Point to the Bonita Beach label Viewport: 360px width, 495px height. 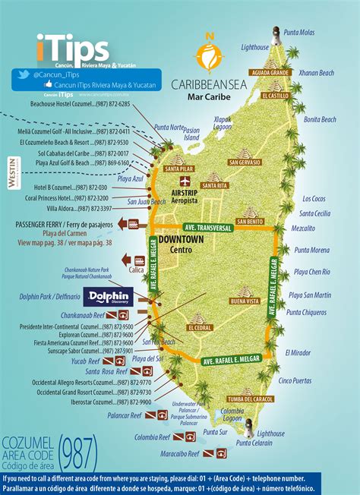tap(320, 120)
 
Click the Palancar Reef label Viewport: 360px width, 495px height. tap(125, 416)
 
